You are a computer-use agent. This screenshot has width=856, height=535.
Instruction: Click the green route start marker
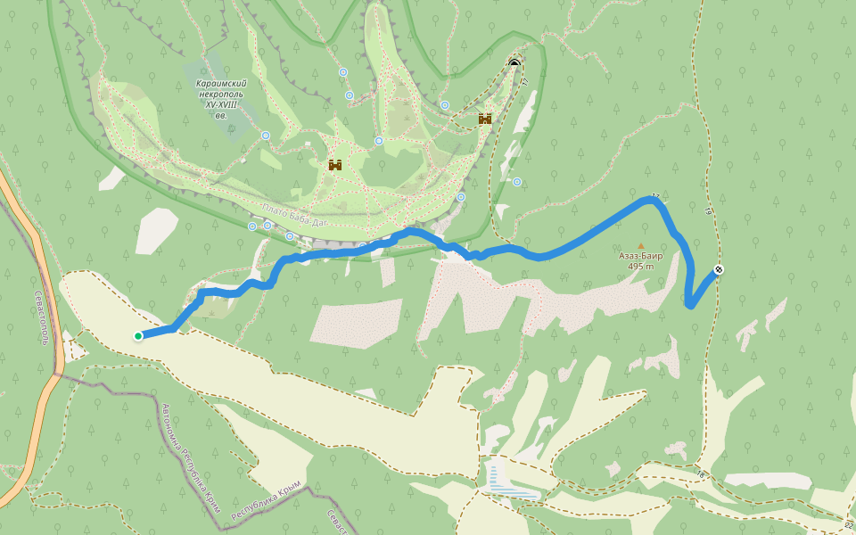[x=138, y=336]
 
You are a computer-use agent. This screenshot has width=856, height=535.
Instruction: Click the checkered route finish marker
[x=719, y=270]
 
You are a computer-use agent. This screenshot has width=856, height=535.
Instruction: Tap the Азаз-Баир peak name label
[x=641, y=256]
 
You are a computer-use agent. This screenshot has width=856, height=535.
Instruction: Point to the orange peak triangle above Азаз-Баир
[x=640, y=245]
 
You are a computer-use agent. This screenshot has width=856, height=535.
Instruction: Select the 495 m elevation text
[x=641, y=267]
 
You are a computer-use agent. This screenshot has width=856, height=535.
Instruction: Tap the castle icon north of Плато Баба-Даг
[x=335, y=165]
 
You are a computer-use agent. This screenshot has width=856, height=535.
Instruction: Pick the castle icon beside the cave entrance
[x=485, y=119]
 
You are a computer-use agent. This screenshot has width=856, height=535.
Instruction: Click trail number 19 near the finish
[x=708, y=212]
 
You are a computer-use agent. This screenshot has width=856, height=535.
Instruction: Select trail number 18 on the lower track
[x=701, y=474]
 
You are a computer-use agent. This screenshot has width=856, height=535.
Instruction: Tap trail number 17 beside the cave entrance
[x=525, y=81]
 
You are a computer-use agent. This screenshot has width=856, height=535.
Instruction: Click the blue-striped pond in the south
[x=509, y=482]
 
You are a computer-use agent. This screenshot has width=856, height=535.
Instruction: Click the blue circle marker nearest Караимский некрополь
[x=266, y=136]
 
